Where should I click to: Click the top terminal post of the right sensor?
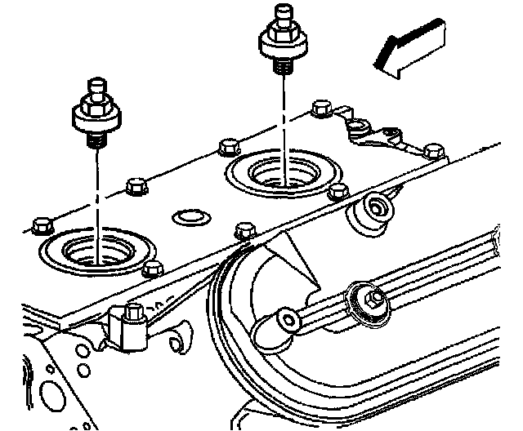click(x=284, y=11)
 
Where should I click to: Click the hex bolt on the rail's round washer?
click(x=373, y=300)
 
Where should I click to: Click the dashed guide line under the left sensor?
click(x=95, y=196)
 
